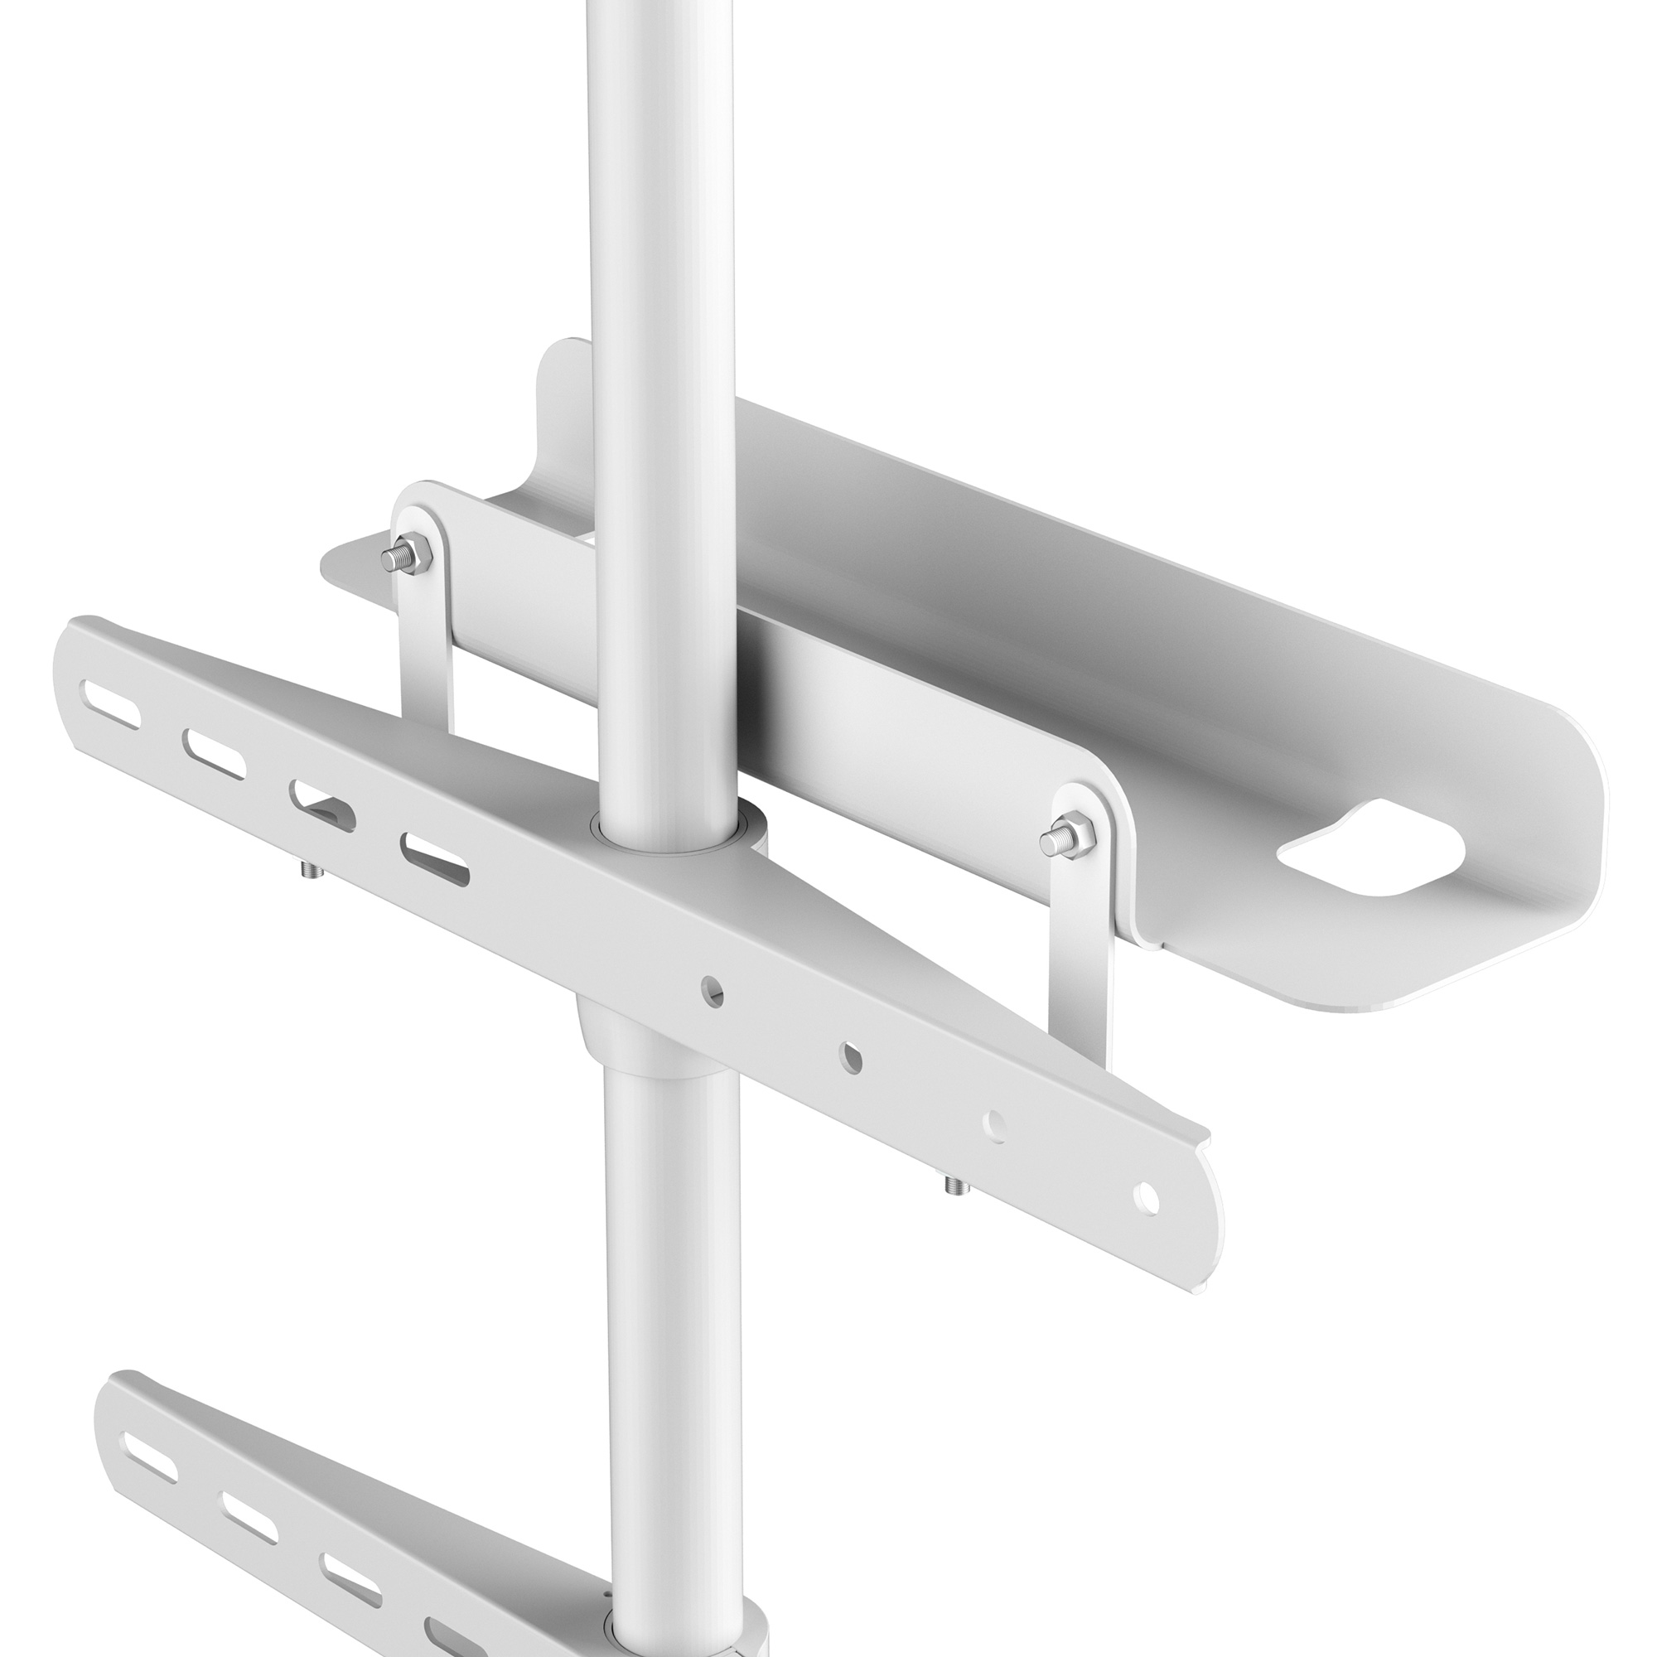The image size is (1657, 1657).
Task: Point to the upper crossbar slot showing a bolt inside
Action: (322, 803)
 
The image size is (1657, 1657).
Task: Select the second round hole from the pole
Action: (852, 1056)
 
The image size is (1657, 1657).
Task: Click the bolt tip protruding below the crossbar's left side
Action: (307, 872)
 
